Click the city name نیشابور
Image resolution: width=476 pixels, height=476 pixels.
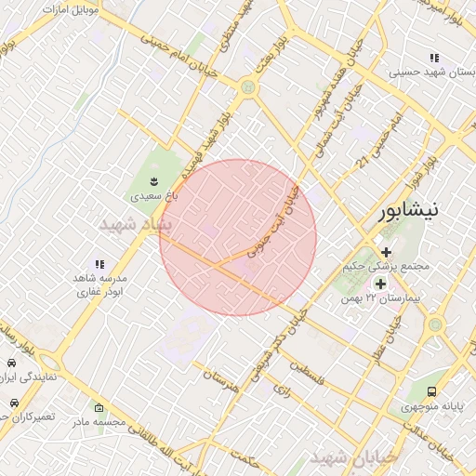click(414, 212)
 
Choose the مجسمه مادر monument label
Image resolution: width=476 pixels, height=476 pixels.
click(99, 422)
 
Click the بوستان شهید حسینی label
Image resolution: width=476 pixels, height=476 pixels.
click(428, 71)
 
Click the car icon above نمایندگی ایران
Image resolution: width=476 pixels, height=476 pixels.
click(11, 364)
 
